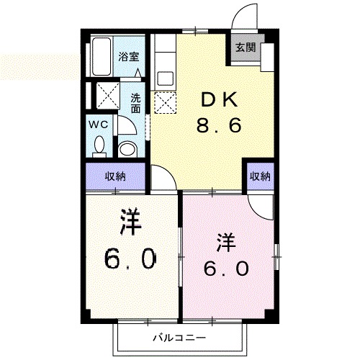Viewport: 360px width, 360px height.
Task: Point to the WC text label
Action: click(98, 124)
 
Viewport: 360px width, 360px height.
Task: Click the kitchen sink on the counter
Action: click(163, 78)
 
